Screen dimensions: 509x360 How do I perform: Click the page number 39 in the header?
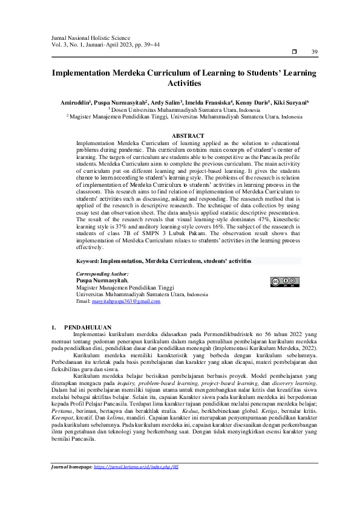(x=314, y=53)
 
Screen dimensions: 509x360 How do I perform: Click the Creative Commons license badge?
(x=284, y=282)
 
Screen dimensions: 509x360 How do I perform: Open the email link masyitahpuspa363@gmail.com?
(x=125, y=301)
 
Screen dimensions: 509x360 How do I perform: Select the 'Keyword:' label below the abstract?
(x=87, y=261)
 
